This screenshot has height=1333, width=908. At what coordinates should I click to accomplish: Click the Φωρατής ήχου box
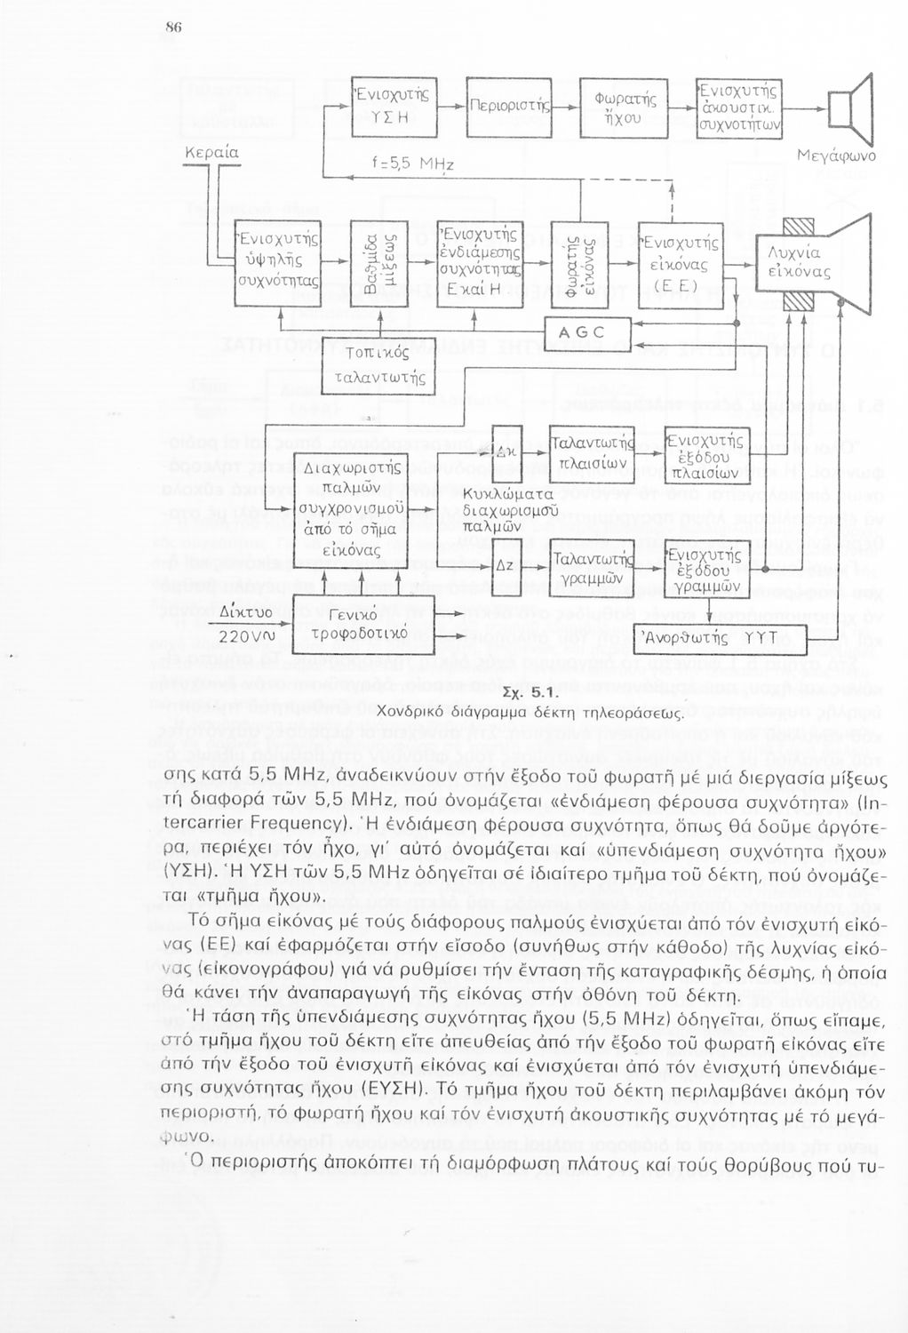click(x=624, y=108)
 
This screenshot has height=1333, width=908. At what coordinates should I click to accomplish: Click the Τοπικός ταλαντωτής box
click(x=379, y=366)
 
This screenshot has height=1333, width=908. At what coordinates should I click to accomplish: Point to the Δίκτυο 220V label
click(x=242, y=624)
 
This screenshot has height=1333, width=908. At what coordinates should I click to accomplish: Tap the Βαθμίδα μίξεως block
click(x=379, y=265)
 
